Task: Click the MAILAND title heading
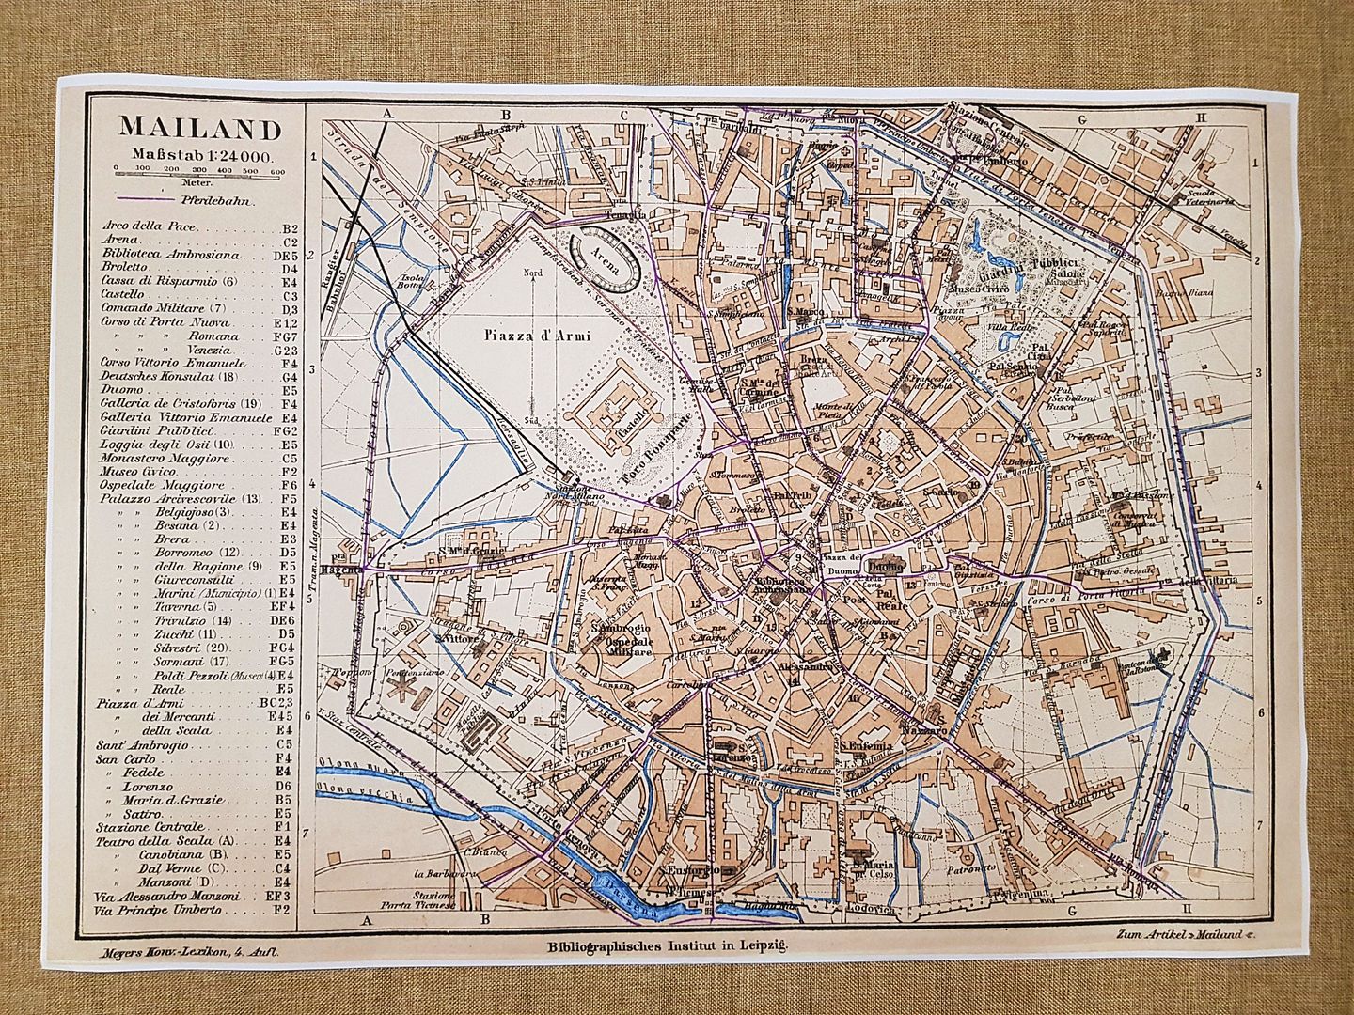(186, 128)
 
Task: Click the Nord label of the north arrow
(534, 273)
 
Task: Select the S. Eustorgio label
(689, 870)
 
